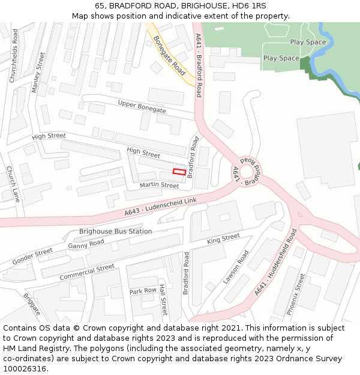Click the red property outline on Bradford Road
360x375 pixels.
point(179,172)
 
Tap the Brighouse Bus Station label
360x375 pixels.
point(116,231)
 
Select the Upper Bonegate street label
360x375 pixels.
point(142,106)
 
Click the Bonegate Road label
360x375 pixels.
point(169,55)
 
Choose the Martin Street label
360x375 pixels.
point(160,186)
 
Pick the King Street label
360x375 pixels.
point(223,239)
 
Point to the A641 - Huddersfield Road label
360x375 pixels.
point(275,262)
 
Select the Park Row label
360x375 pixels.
point(143,291)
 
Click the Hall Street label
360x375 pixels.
point(162,300)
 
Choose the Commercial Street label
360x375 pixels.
point(87,272)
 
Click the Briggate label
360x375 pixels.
point(32,305)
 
